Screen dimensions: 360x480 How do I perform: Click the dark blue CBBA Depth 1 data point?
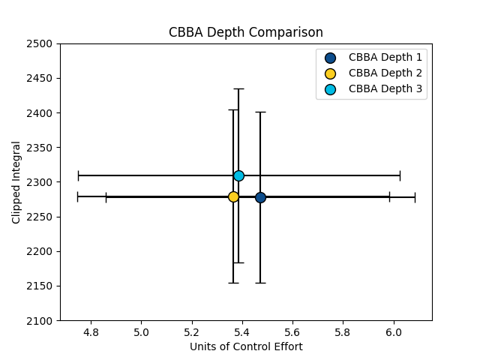[x=260, y=197]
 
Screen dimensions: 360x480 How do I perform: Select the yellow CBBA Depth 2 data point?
[x=233, y=196]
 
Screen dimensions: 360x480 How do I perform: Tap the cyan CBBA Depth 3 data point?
[x=238, y=175]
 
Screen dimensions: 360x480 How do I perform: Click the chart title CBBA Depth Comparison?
[x=246, y=33]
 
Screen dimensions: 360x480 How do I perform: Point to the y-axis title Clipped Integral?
[x=16, y=182]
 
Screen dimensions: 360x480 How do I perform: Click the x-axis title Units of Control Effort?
[x=246, y=346]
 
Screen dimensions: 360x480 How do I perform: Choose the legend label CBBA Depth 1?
[x=385, y=57]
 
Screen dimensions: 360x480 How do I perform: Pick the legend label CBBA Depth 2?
[x=385, y=73]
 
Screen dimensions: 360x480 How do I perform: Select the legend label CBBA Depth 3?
[x=385, y=89]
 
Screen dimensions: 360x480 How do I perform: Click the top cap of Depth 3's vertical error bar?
[x=238, y=88]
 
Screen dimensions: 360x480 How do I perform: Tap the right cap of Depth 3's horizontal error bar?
[x=400, y=175]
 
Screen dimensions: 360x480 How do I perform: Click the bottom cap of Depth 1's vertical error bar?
[x=260, y=283]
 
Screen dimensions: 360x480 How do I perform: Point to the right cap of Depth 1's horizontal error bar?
[x=415, y=197]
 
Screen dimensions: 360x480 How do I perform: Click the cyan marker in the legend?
[x=330, y=89]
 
